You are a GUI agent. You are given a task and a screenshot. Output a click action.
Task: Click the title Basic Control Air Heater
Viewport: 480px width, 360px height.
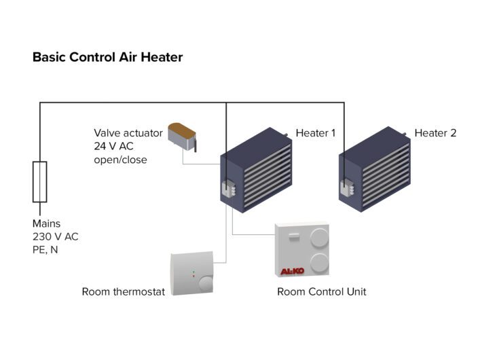click(x=107, y=58)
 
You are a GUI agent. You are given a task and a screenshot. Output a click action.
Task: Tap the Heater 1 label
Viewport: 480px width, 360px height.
click(x=315, y=133)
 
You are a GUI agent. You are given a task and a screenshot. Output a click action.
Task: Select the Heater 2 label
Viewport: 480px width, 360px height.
click(x=435, y=133)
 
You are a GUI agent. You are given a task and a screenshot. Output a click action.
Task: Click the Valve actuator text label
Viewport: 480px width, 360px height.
click(x=128, y=133)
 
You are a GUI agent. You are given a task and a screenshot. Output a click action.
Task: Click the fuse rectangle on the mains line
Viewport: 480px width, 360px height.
click(x=40, y=182)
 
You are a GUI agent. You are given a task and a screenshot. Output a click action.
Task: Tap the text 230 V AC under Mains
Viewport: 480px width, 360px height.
click(x=56, y=236)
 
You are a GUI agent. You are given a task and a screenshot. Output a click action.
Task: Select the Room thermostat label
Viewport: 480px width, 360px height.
click(x=123, y=292)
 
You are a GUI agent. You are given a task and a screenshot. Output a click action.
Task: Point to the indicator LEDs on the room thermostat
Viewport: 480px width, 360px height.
click(x=193, y=275)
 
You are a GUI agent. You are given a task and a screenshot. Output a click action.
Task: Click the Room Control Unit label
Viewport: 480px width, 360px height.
click(x=322, y=292)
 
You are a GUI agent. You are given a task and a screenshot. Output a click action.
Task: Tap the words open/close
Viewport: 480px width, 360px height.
click(x=120, y=160)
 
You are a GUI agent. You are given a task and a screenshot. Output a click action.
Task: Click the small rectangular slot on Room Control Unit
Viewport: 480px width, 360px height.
click(x=293, y=237)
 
